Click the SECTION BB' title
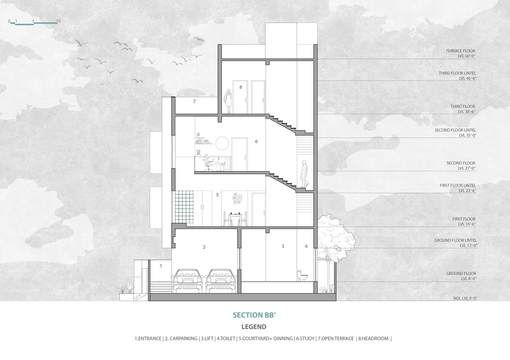click(254, 315)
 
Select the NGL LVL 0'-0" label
click(465, 298)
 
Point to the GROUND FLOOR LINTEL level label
click(456, 243)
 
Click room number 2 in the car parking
click(204, 247)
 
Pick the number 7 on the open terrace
click(194, 101)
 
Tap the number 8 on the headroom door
click(241, 87)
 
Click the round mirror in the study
click(222, 143)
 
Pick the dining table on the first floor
click(235, 219)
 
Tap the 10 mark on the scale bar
click(58, 21)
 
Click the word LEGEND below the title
click(254, 327)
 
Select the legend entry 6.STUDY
click(305, 338)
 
